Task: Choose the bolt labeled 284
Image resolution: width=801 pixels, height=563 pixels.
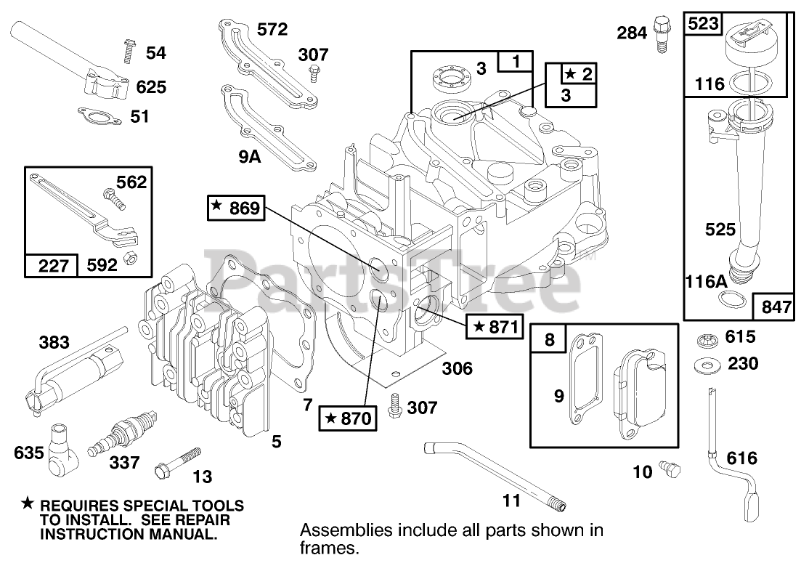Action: click(660, 32)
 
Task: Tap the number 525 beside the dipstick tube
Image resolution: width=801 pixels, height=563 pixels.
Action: click(720, 230)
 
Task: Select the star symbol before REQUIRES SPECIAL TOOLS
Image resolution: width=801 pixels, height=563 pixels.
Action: click(28, 503)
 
